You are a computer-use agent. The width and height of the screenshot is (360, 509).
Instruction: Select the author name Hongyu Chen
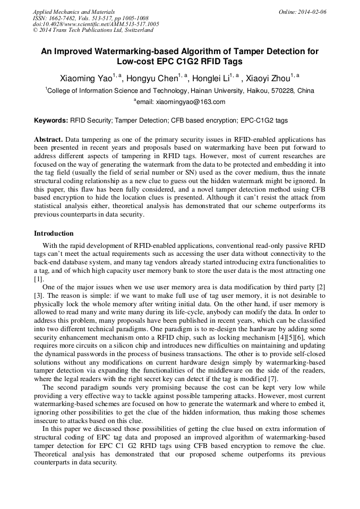pyautogui.click(x=154, y=79)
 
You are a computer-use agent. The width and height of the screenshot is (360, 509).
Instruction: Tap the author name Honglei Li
pyautogui.click(x=211, y=79)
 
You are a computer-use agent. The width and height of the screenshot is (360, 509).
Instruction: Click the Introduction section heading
pyautogui.click(x=54, y=233)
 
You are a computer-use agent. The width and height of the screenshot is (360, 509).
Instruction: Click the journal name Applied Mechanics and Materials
pyautogui.click(x=74, y=12)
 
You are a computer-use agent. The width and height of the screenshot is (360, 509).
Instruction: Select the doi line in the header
pyautogui.click(x=96, y=24)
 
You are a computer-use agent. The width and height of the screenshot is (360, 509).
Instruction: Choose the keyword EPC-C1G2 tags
pyautogui.click(x=264, y=120)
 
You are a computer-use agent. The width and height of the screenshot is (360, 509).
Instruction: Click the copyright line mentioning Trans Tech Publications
pyautogui.click(x=93, y=30)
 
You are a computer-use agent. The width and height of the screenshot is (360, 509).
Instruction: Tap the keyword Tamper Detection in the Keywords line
pyautogui.click(x=141, y=120)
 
